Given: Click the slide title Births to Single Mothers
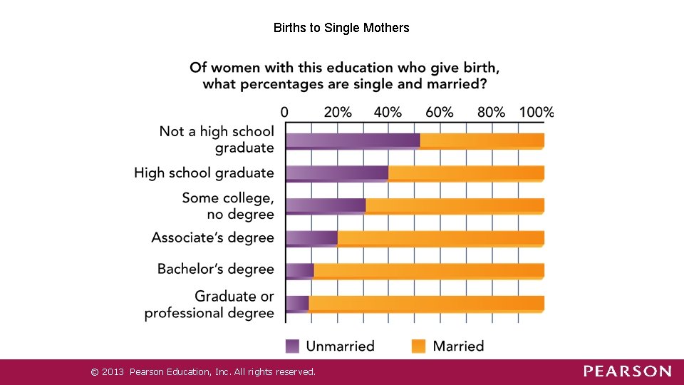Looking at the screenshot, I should tap(341, 28).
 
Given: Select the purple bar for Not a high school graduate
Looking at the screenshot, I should tap(353, 140).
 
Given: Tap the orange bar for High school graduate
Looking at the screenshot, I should tap(466, 173).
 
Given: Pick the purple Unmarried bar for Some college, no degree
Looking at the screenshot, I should tap(326, 205).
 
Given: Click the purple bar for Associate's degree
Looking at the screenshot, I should tap(311, 237).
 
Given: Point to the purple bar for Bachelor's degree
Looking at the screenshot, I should tap(300, 270).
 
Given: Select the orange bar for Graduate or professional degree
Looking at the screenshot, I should tap(426, 303).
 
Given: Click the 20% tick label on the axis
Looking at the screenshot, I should tap(337, 112).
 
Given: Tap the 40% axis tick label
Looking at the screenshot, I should tap(388, 112).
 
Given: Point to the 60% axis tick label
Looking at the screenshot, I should tap(440, 112).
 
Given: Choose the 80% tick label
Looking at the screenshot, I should tap(491, 112).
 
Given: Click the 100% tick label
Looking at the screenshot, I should tap(537, 112).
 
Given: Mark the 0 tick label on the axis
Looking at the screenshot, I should tap(285, 112).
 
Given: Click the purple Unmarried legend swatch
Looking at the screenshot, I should tap(293, 346).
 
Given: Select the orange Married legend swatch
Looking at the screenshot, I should tap(419, 346).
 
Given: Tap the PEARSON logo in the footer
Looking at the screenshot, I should tap(627, 371).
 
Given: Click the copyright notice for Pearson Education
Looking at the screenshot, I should tap(203, 371).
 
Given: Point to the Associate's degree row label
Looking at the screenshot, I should tap(212, 237).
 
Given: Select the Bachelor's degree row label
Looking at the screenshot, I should tap(215, 269).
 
